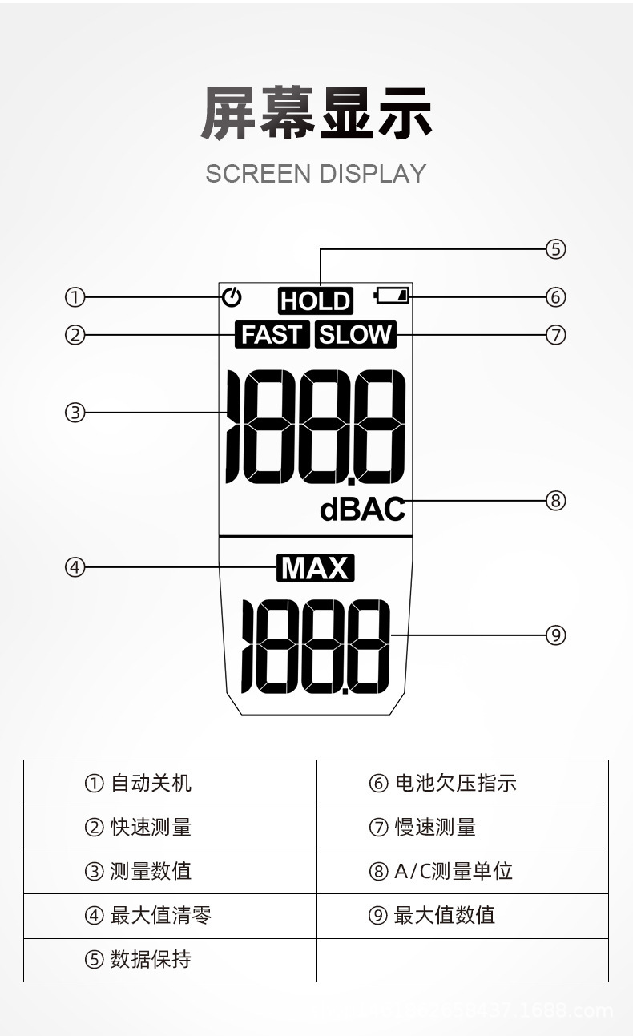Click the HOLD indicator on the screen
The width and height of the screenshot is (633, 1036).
tap(316, 300)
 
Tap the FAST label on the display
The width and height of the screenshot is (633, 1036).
tap(272, 334)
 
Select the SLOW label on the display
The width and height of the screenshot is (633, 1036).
tap(356, 334)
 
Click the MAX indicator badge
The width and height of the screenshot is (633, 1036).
tap(316, 568)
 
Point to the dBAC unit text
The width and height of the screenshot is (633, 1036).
tap(362, 510)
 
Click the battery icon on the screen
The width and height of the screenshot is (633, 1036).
tap(393, 296)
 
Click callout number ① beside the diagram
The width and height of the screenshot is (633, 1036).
tap(75, 297)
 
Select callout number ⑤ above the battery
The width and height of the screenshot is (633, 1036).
tap(556, 249)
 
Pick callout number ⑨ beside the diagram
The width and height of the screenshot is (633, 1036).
tap(556, 635)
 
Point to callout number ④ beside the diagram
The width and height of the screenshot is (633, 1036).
tap(75, 567)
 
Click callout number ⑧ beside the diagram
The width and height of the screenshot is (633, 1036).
tap(556, 501)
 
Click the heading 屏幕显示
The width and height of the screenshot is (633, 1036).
tap(316, 111)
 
